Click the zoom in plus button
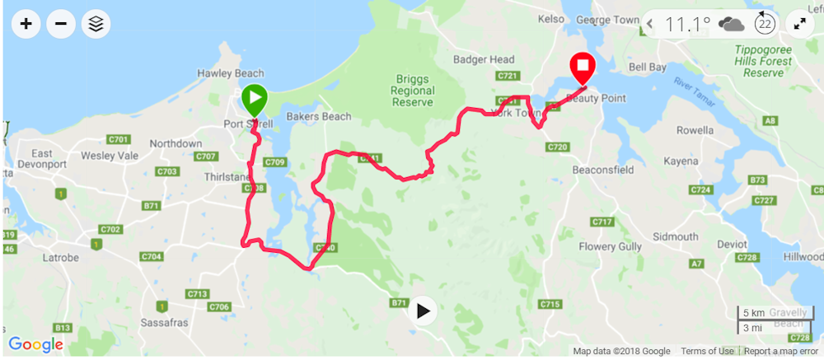26,24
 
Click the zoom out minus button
61,24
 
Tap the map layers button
96,24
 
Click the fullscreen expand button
799,24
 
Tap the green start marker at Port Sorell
254,101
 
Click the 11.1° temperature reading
687,24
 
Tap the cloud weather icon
731,24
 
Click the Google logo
35,344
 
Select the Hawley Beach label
230,73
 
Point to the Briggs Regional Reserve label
413,91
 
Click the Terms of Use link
707,351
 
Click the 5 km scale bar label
753,314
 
